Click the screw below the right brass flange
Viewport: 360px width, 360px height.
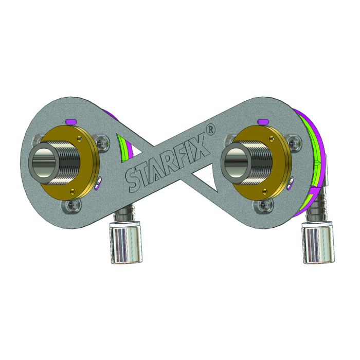pos(261,205)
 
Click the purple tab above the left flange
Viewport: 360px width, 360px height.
pos(73,121)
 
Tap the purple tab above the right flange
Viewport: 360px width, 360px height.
pos(265,121)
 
